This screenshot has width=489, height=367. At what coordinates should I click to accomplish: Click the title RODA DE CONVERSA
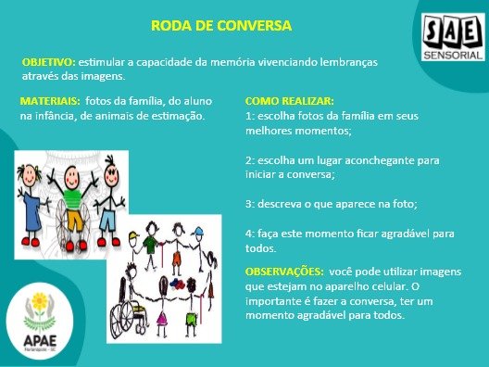221,25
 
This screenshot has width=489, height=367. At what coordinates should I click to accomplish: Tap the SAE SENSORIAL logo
454,37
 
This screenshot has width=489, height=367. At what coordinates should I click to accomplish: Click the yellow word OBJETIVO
49,62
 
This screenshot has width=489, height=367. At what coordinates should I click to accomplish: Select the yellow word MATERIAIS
50,101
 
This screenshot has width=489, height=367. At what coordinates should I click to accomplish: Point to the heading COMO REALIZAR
289,101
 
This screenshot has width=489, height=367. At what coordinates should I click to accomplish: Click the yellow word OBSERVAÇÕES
284,272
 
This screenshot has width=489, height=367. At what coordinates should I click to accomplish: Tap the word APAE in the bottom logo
40,340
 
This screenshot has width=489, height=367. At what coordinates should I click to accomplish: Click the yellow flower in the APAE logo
40,301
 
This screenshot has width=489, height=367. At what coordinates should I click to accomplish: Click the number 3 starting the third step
248,204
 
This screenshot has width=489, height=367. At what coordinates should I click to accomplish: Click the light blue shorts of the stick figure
107,220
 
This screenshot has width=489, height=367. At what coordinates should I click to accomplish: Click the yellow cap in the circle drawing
133,234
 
